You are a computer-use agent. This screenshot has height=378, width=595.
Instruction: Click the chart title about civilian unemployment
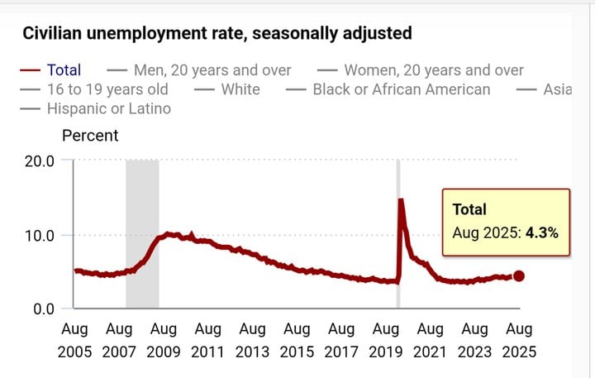(217, 34)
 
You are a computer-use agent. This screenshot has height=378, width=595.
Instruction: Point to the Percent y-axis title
(90, 136)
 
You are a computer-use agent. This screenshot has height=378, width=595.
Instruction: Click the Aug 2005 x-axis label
(74, 341)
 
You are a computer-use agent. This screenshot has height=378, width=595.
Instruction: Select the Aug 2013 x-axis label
(252, 341)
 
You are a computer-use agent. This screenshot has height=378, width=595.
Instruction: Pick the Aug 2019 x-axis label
(386, 341)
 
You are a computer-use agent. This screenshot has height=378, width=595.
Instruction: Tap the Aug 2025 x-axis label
(519, 341)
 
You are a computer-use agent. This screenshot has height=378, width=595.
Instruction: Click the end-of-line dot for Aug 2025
(519, 276)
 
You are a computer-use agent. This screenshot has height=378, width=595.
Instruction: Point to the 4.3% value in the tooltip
(541, 233)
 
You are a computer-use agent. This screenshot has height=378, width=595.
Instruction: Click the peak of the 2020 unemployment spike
(401, 200)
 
